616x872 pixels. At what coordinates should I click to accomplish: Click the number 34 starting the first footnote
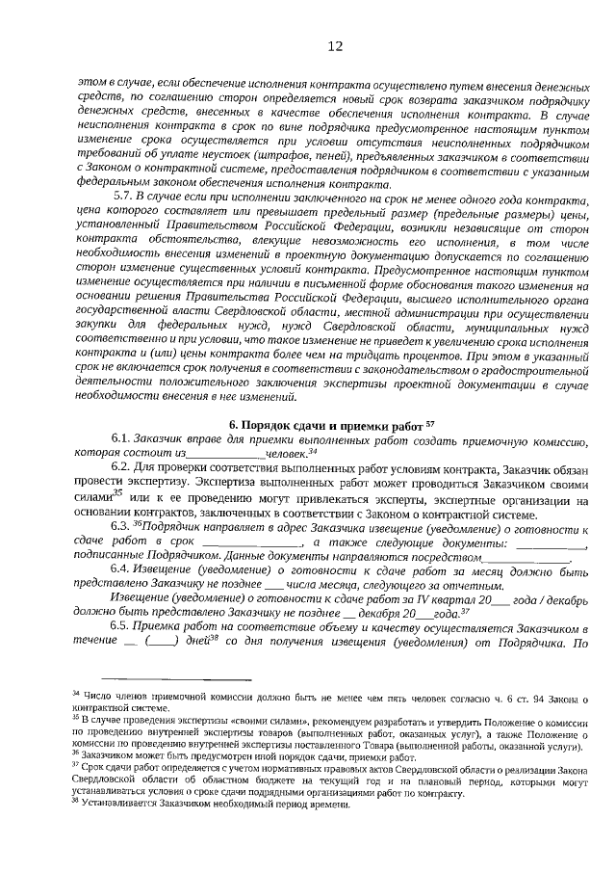(77, 694)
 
